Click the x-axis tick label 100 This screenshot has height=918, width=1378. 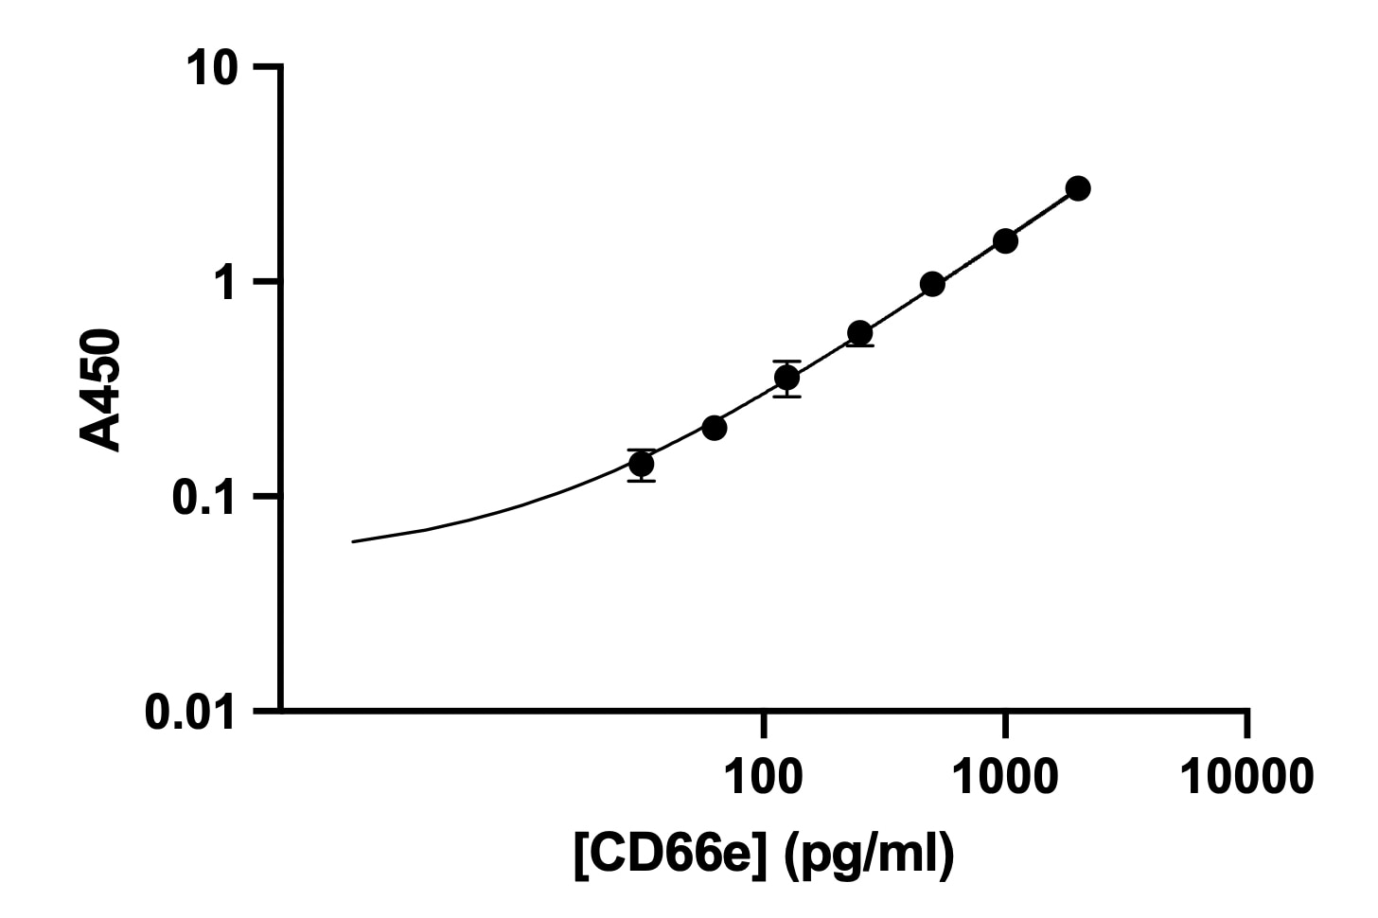763,778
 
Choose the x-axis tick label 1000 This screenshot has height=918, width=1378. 1004,778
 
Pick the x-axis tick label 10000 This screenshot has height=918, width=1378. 1246,778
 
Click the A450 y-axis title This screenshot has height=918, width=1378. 101,389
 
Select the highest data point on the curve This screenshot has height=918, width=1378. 1077,188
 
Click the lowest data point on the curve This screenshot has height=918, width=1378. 642,464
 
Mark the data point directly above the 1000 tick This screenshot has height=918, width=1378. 1005,240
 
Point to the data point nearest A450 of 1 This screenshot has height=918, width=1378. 932,284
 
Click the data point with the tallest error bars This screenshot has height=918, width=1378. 786,378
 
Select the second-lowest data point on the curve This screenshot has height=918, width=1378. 715,428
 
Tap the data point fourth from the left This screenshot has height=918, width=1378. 859,333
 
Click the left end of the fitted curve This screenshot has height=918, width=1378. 353,541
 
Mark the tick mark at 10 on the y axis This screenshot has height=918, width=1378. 267,67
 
